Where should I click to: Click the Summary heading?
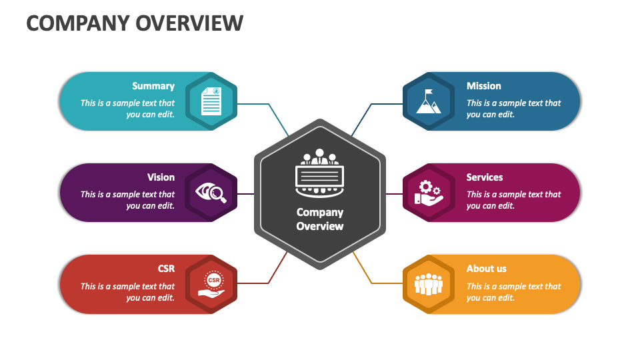coord(153,86)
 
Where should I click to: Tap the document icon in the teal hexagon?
coord(211,101)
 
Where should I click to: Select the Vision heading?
coord(161,177)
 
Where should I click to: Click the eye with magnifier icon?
coord(211,193)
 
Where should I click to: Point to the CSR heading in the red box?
coord(166,269)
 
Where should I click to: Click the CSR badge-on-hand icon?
coord(213,285)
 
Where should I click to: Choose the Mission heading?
coord(483,86)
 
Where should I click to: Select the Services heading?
coord(484,177)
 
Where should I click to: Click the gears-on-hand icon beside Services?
coord(428,193)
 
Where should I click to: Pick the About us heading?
coord(486,269)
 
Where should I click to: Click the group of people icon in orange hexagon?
coord(428,285)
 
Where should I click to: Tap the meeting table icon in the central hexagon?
coord(319,173)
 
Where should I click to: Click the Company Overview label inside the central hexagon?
coord(320,219)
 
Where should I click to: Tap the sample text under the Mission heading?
coord(513,109)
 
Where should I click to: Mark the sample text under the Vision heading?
coord(127,200)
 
